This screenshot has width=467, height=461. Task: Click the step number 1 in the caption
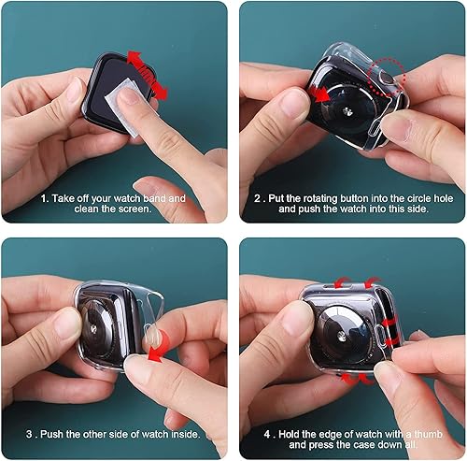(x=44, y=199)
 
